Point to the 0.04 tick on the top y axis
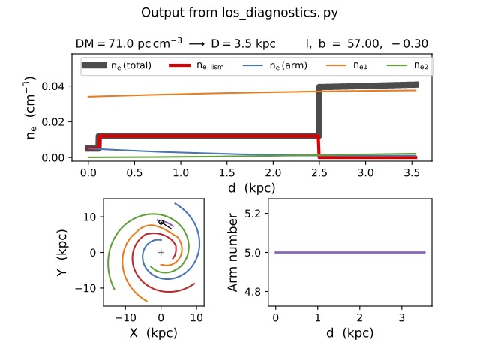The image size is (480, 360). (66, 86)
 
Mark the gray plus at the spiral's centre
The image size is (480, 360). (160, 252)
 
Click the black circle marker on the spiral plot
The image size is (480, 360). (160, 222)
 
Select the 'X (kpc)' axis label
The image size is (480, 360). (160, 332)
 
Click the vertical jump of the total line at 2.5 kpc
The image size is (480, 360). (319, 112)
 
